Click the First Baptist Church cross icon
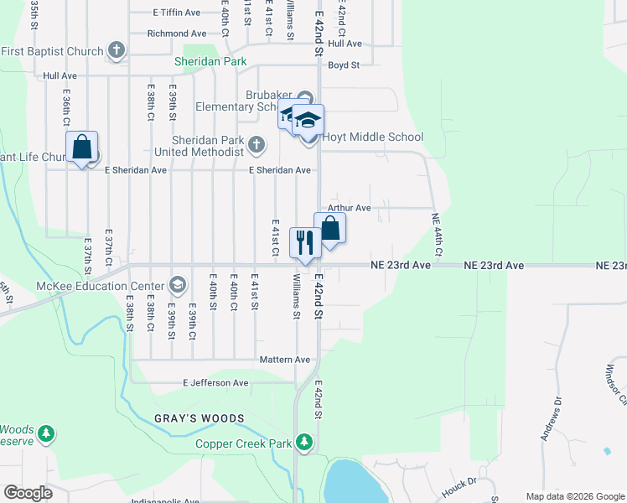[x=117, y=51]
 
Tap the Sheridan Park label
[x=210, y=61]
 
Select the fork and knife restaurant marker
[x=303, y=242]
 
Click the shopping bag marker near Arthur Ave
[x=330, y=228]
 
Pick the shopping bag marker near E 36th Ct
[x=82, y=148]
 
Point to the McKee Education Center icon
[x=177, y=284]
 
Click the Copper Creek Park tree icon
[x=305, y=441]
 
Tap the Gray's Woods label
[x=199, y=418]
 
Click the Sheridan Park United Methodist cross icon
[x=256, y=146]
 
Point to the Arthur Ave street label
[x=350, y=208]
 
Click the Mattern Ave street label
[x=285, y=360]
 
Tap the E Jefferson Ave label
[x=216, y=383]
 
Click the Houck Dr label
[x=460, y=481]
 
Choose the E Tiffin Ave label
[x=177, y=13]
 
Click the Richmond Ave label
[x=176, y=34]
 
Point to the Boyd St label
[x=344, y=65]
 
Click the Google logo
[x=28, y=493]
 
